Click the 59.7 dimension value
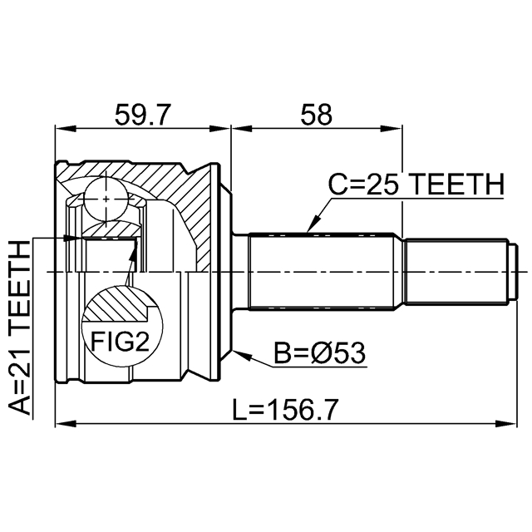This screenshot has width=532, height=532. point(144,114)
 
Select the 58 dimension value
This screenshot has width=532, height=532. point(318,114)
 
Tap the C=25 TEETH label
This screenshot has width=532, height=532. point(415,185)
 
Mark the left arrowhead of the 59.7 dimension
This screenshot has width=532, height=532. point(62,129)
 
